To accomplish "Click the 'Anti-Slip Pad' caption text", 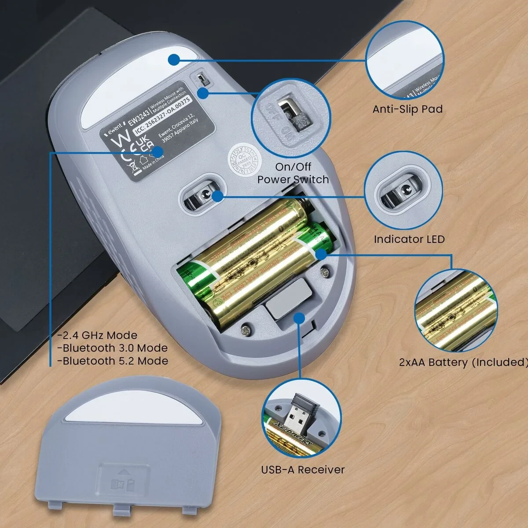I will pos(407,109).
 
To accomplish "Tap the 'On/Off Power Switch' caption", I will pos(293,173).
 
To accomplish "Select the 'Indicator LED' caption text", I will pos(409,239).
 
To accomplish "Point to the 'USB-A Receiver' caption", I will pos(303,469).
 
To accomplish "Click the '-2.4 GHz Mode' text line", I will pos(98,335).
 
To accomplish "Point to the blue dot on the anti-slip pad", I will pos(175,59).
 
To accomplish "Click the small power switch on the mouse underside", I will pos(202,80).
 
